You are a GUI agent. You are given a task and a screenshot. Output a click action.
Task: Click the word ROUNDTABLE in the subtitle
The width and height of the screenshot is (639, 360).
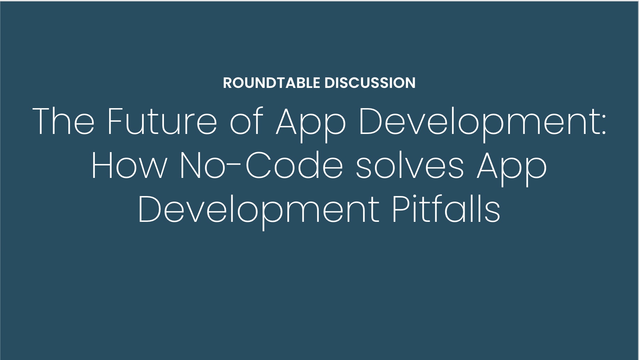pos(272,83)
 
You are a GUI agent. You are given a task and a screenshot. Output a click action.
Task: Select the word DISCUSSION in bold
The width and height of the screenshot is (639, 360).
pos(370,83)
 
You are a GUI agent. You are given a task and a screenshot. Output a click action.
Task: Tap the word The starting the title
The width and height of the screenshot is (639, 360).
pos(63,121)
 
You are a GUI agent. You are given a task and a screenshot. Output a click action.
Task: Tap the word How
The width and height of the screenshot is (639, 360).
pos(129,165)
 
